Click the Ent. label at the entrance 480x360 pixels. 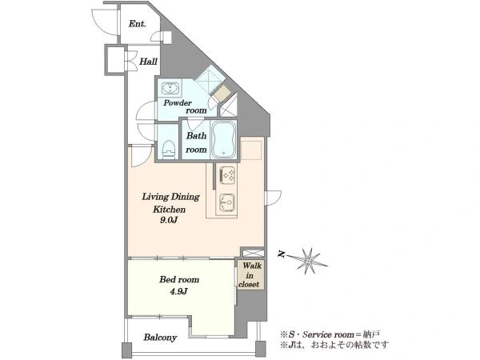[x=137, y=23]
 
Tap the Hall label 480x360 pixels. [x=149, y=62]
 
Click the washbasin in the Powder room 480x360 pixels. [x=169, y=88]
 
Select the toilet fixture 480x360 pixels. [x=169, y=150]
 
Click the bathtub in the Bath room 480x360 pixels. [x=224, y=139]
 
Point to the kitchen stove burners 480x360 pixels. [x=228, y=175]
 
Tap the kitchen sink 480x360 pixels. [x=227, y=203]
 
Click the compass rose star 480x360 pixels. [x=308, y=261]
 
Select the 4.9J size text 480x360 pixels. [x=178, y=291]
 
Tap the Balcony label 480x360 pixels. [x=161, y=338]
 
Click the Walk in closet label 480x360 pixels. [x=250, y=275]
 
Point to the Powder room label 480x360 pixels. [x=185, y=106]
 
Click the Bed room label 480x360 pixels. [x=179, y=279]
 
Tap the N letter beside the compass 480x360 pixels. [x=282, y=254]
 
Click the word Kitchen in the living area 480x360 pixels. [x=170, y=210]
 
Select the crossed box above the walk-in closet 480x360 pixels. [x=253, y=253]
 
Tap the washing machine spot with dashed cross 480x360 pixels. [x=210, y=79]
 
